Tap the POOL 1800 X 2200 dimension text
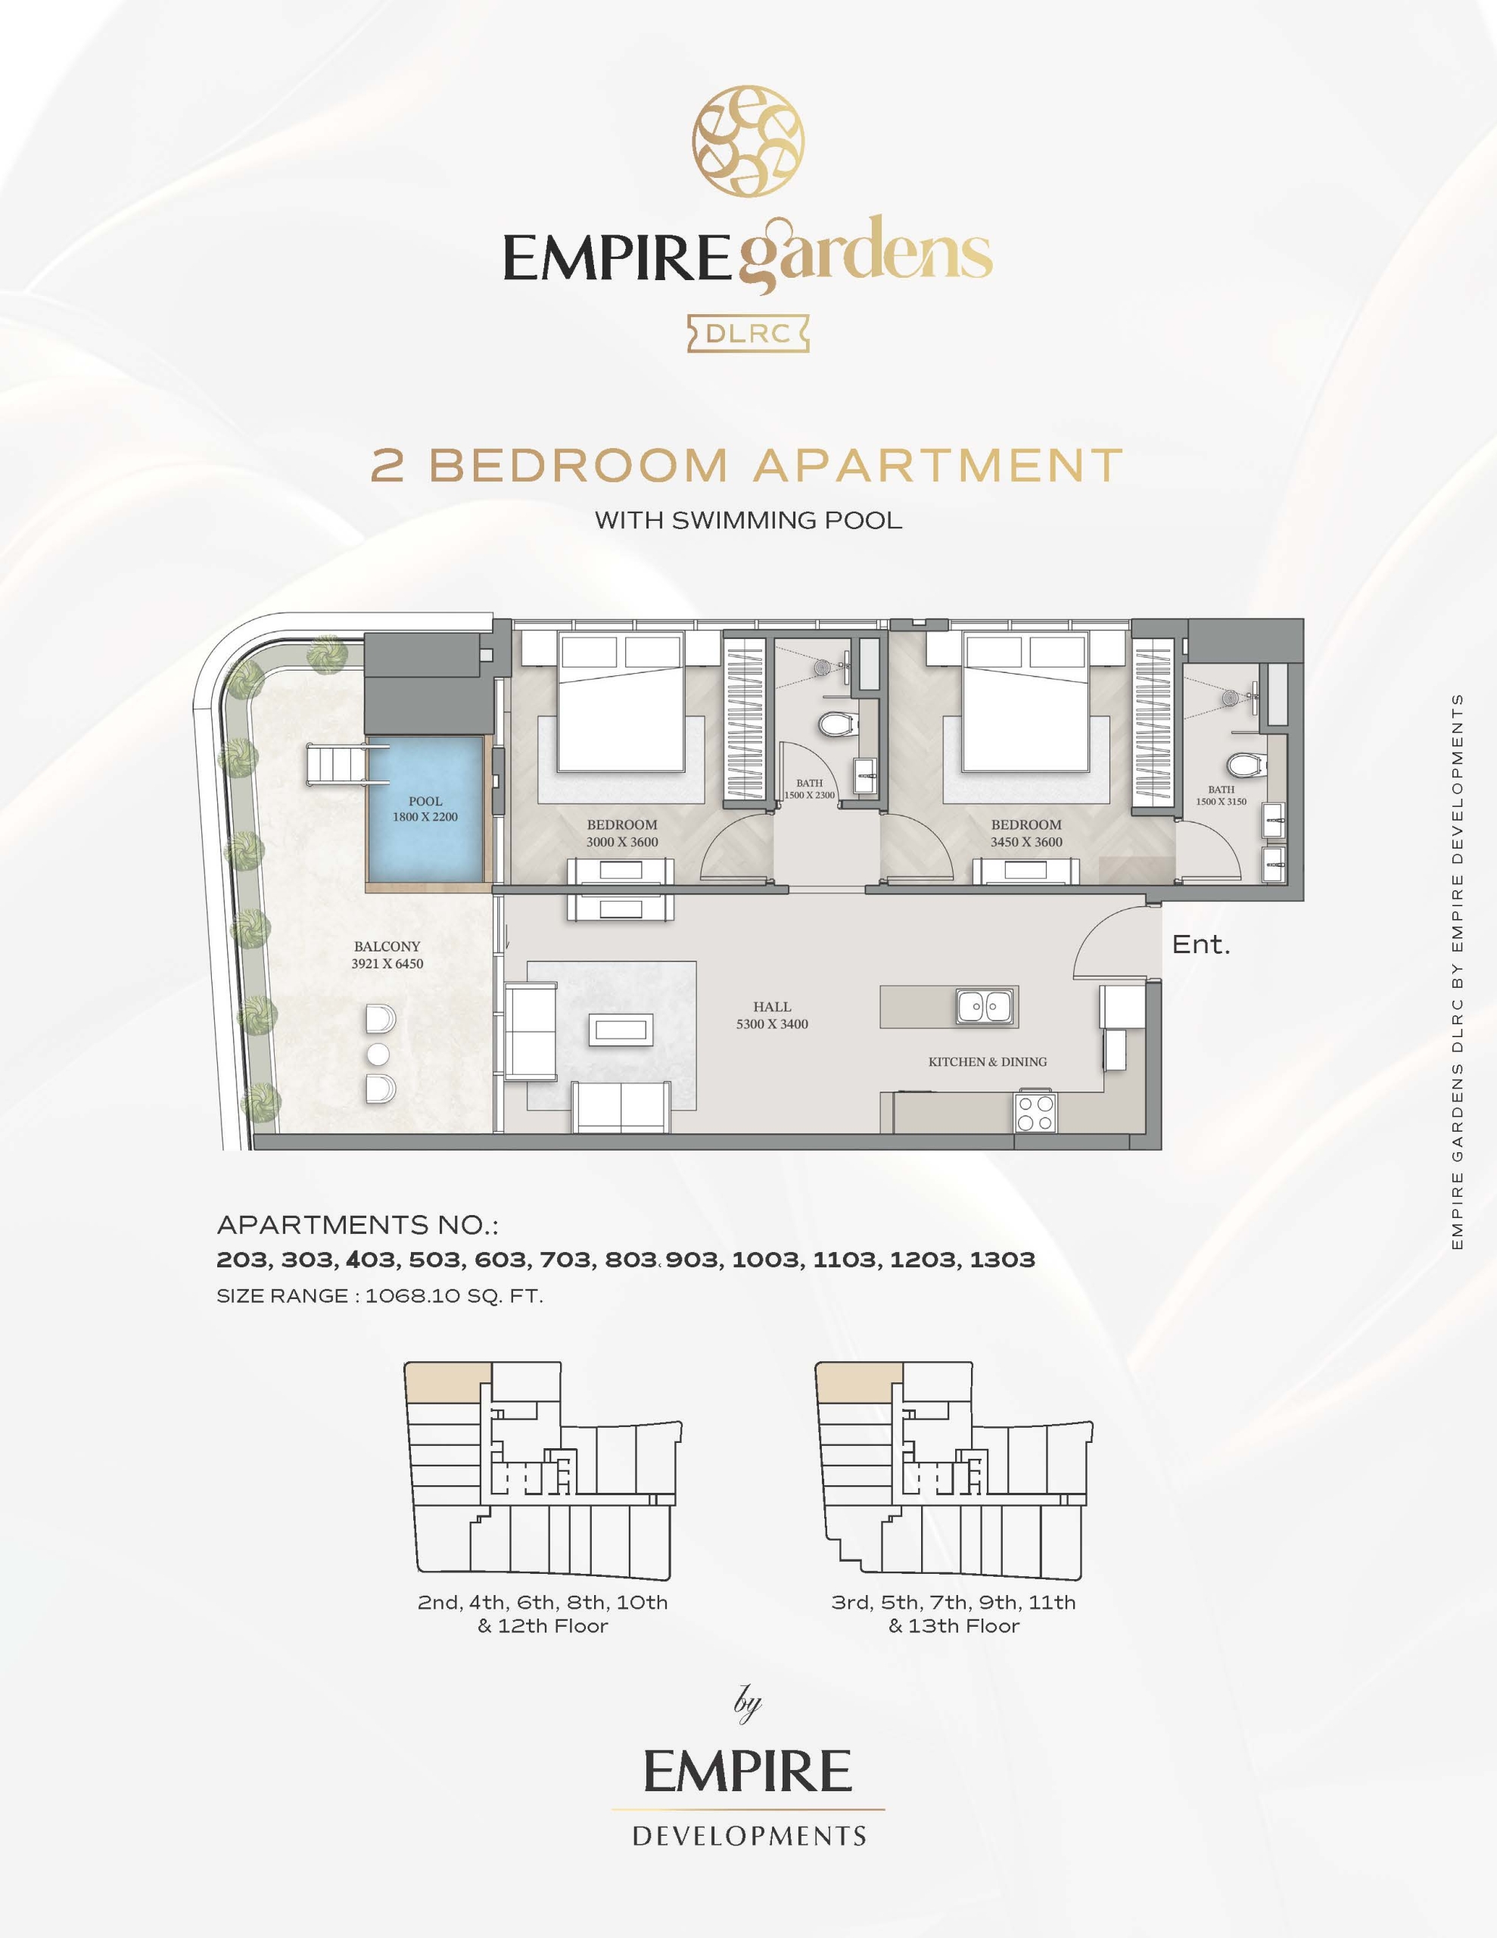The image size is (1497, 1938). coord(426,809)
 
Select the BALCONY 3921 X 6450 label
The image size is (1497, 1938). coord(387,955)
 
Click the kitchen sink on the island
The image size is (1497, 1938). coord(986,1006)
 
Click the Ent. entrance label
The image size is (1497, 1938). coord(1200,944)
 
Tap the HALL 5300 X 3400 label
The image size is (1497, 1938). coord(772,1015)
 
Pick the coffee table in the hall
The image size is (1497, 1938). coord(621,1030)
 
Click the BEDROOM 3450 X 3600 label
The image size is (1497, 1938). coord(1027,833)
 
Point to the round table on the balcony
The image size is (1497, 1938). coord(379,1055)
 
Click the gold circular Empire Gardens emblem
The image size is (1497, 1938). coord(749,141)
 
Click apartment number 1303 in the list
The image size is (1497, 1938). coord(1002,1259)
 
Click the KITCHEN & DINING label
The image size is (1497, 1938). coord(988,1061)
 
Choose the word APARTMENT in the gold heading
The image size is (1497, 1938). coord(939,466)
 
